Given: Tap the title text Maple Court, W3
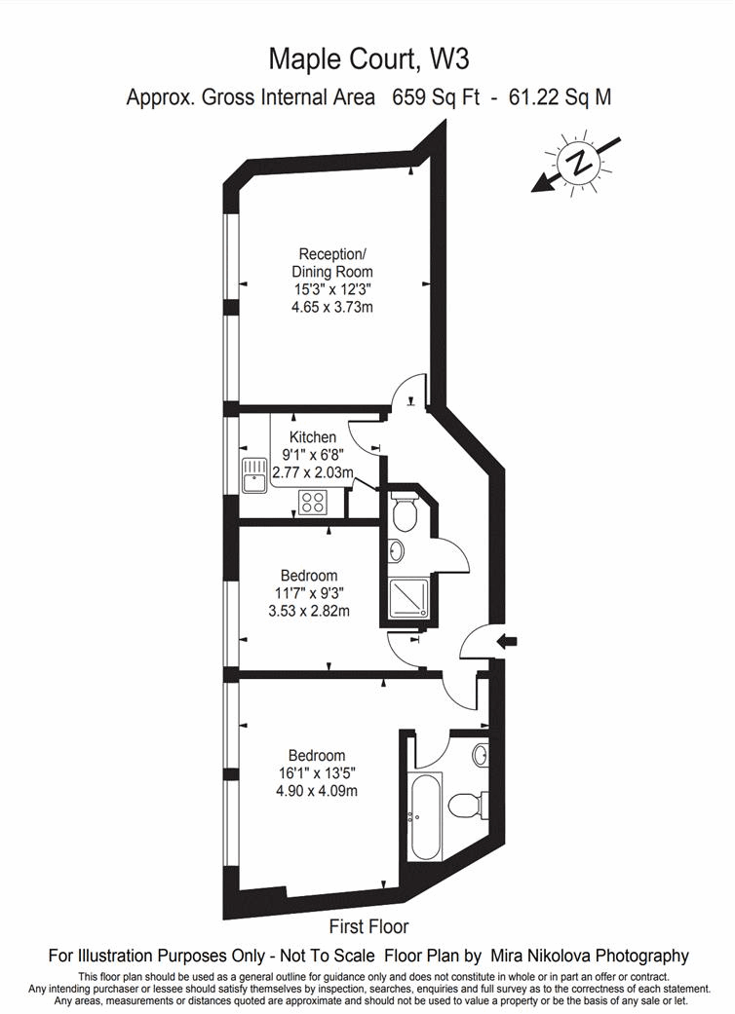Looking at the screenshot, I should [368, 60].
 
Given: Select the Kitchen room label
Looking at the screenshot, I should [313, 437].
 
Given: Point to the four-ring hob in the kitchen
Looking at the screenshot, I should [314, 503].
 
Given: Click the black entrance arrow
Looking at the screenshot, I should [509, 640].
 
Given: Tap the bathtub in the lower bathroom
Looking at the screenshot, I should [426, 816].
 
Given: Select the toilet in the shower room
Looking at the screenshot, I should [403, 511].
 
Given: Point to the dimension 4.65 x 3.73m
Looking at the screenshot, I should [332, 307].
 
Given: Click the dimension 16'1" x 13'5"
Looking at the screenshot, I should [315, 773].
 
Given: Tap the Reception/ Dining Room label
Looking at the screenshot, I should [331, 263].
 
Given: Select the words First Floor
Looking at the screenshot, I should [368, 926].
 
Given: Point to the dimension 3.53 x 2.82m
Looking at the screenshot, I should [308, 612].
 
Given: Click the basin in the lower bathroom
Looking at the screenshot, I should [479, 754].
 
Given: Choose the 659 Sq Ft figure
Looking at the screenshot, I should [432, 97].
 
